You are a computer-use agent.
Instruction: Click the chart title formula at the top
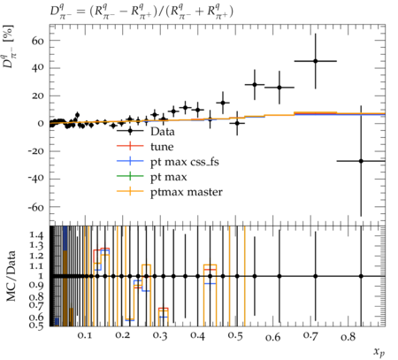click(x=142, y=12)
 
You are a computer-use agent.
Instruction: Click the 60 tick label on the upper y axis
click(x=37, y=41)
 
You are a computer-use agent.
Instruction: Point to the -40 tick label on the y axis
click(x=35, y=179)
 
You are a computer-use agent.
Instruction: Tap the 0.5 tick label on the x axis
click(x=235, y=335)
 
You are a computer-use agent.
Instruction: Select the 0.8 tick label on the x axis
click(x=348, y=336)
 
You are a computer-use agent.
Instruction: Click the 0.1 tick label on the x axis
click(x=85, y=335)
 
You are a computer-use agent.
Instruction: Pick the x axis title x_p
click(x=379, y=352)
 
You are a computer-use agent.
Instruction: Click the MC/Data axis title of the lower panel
click(x=11, y=276)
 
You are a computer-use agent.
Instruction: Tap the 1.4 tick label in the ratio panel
click(x=36, y=235)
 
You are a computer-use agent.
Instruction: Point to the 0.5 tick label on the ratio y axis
click(x=36, y=326)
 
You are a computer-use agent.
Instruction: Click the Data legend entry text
click(x=163, y=132)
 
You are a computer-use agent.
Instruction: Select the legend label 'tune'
click(x=162, y=147)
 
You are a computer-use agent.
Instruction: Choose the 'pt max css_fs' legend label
click(x=185, y=162)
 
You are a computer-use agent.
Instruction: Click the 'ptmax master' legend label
click(x=187, y=192)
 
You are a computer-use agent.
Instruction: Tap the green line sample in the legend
click(x=130, y=176)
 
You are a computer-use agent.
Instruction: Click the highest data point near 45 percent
click(x=316, y=61)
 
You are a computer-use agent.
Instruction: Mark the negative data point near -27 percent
click(x=361, y=161)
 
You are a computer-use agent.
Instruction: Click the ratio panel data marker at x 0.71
click(x=316, y=276)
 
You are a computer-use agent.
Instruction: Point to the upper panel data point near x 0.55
click(x=255, y=85)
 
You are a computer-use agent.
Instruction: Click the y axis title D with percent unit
click(x=10, y=47)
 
